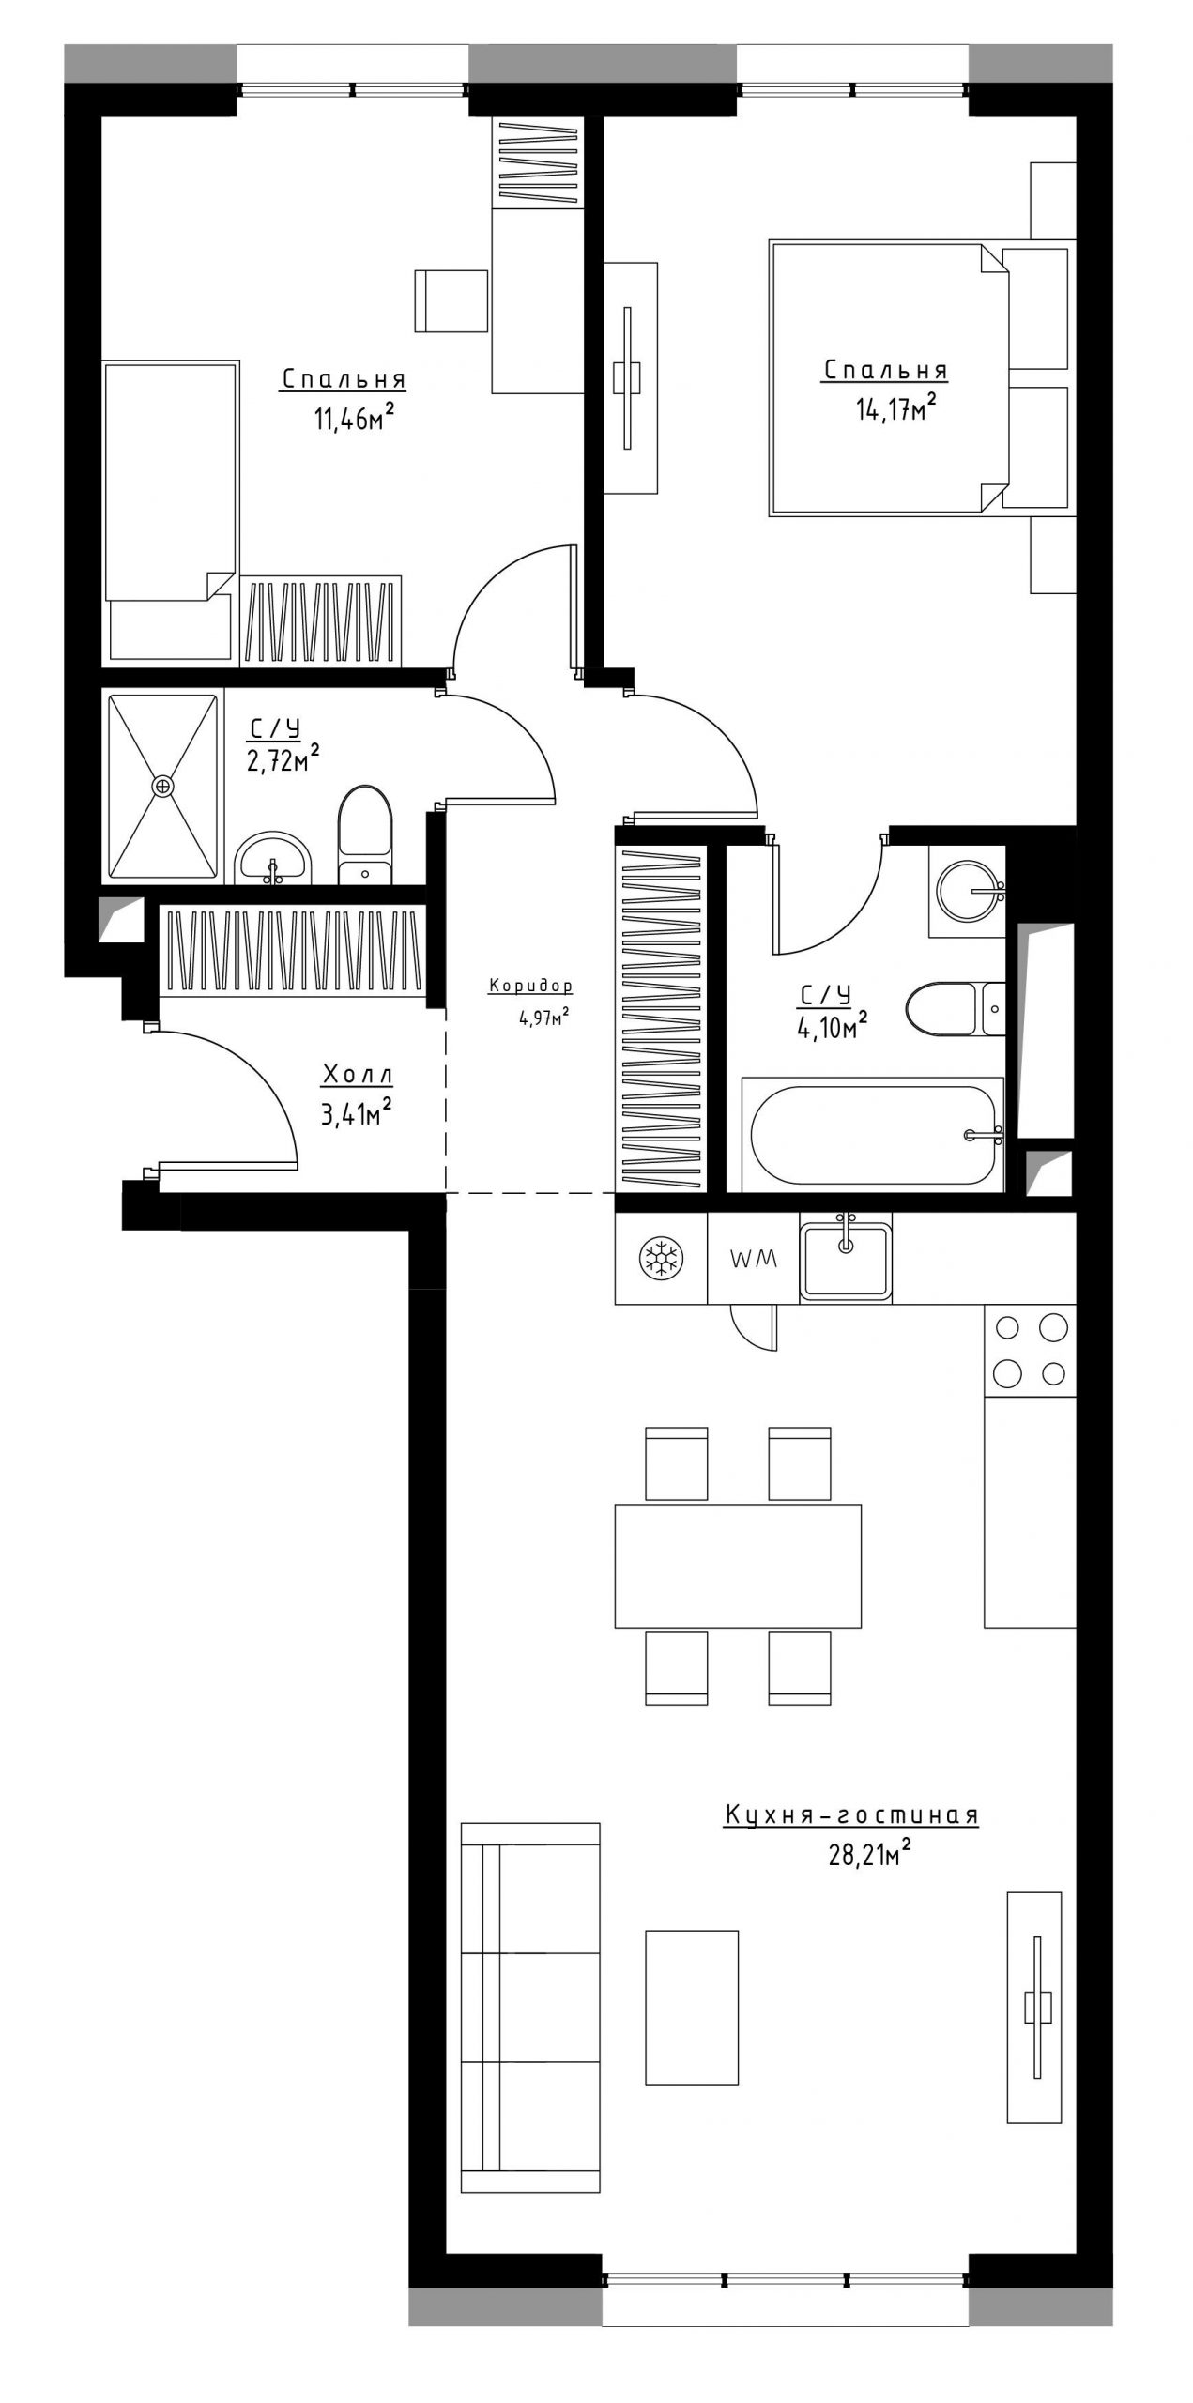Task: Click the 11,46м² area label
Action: (352, 417)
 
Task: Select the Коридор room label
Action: (530, 987)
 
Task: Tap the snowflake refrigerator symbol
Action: (662, 1258)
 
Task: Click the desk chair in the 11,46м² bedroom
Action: (451, 299)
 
